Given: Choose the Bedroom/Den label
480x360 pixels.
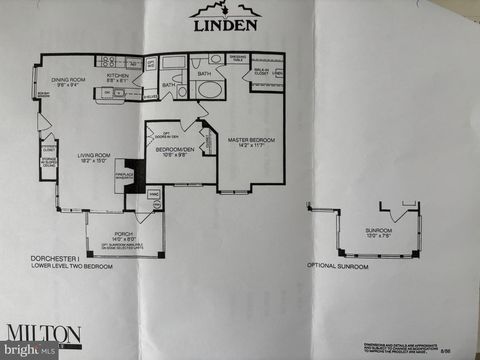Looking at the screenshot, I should click(171, 152).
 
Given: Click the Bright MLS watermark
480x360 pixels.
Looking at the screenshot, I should click(30, 350).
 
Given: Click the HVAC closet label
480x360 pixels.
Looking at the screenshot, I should click(154, 194).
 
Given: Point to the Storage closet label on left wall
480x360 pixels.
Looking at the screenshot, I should click(48, 162).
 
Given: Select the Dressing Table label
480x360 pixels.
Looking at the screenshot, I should click(237, 59).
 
